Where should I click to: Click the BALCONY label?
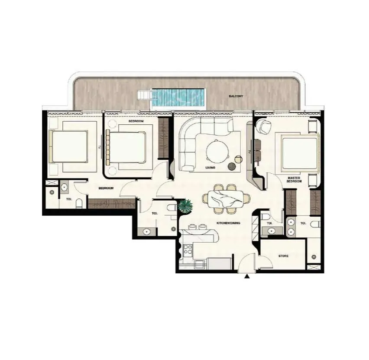point(236,96)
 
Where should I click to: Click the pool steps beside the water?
point(145,94)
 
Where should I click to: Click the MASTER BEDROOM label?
point(294,180)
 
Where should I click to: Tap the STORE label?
point(283,256)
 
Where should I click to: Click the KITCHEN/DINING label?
point(228,223)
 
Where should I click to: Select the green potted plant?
point(185,206)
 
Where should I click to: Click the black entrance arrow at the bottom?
point(247,276)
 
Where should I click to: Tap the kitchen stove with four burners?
point(188,250)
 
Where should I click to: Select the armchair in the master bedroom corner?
point(263,126)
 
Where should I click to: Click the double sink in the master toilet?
point(291,227)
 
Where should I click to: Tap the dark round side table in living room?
point(232,166)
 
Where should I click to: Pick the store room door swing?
point(265,261)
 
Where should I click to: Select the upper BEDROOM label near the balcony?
point(136,121)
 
